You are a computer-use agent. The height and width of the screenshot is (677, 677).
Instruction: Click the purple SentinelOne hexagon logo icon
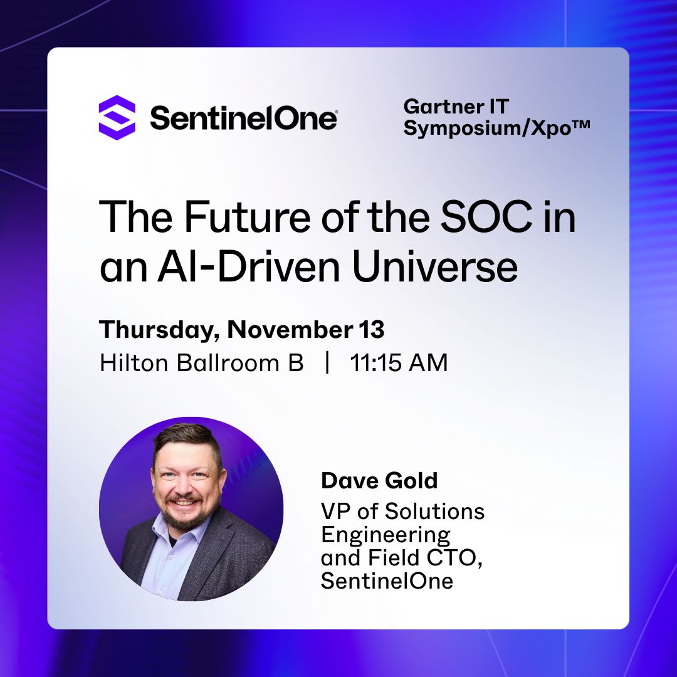pos(117,117)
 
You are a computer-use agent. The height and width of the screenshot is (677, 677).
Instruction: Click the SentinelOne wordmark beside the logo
pos(243,118)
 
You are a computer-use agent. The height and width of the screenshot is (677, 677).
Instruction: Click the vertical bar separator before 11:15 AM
pos(327,363)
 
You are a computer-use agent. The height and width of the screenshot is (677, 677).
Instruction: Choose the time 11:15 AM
pos(399,363)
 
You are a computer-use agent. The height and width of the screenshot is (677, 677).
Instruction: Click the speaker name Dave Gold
pos(379,481)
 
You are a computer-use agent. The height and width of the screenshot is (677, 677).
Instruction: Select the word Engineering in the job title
pos(386,536)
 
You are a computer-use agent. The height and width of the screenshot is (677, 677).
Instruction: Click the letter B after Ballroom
pos(296,363)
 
